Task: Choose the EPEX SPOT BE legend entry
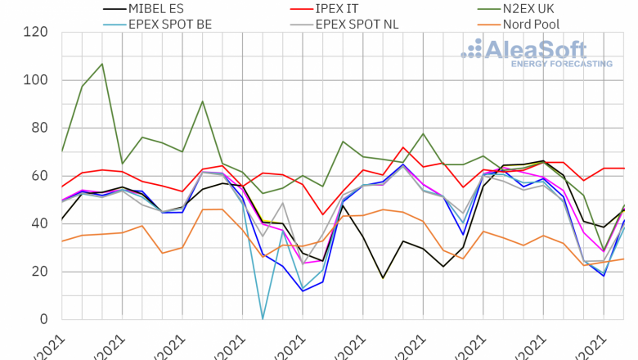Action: pyautogui.click(x=170, y=24)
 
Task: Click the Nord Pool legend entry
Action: pyautogui.click(x=531, y=24)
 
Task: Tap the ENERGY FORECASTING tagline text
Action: pyautogui.click(x=561, y=63)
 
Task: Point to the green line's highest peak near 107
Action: pyautogui.click(x=101, y=64)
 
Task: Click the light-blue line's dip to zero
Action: pyautogui.click(x=263, y=318)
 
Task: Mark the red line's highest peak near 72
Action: pyautogui.click(x=403, y=148)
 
